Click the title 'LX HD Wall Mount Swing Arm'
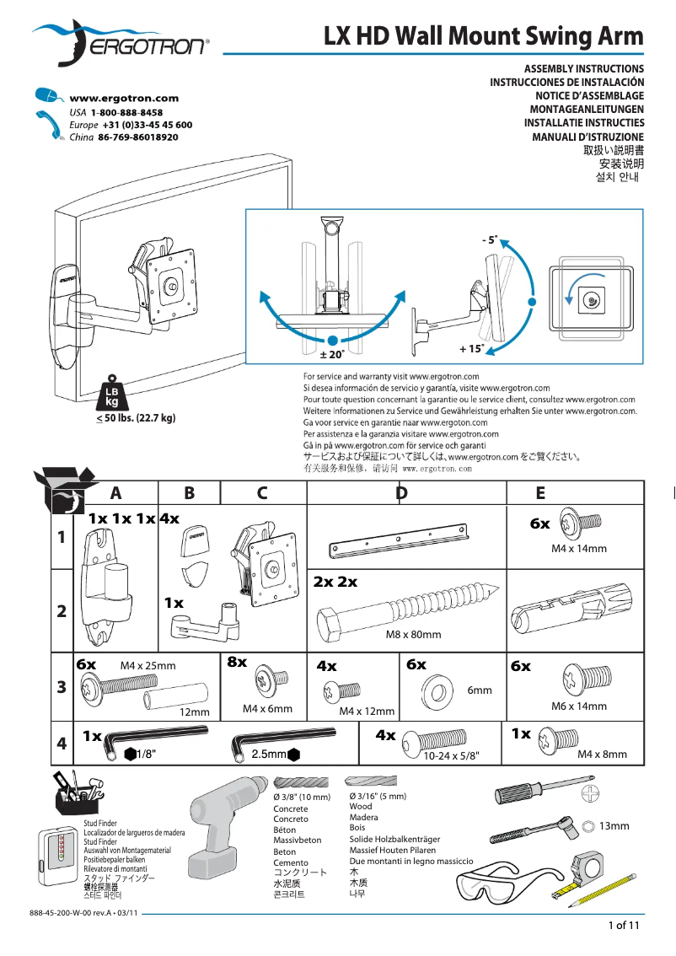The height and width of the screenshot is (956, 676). (x=483, y=36)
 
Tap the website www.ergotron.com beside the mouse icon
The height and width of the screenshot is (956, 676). (x=124, y=99)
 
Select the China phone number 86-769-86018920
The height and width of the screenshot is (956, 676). (x=137, y=137)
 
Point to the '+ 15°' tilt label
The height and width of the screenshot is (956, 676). (x=471, y=348)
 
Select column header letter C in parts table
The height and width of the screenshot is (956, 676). (x=262, y=493)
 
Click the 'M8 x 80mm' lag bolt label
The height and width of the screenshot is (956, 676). (x=413, y=635)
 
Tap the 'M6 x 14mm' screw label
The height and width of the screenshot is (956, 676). (x=578, y=706)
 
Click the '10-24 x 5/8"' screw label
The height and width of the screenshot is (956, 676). (x=451, y=757)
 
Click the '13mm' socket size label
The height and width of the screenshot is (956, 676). (x=614, y=825)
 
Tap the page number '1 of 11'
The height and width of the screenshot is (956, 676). (x=625, y=926)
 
